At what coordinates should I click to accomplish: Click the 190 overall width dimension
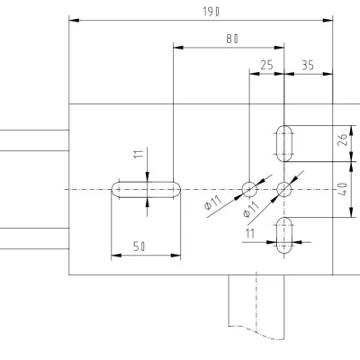click(x=211, y=12)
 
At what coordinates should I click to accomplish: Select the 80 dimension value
click(x=232, y=39)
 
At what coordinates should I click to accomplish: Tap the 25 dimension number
click(x=266, y=65)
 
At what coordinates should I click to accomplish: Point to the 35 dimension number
click(x=308, y=65)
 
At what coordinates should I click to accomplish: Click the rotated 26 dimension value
click(x=343, y=139)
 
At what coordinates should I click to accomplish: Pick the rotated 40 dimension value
click(x=343, y=189)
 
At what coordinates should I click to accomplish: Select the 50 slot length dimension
click(x=139, y=247)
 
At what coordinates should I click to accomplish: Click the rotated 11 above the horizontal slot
click(x=139, y=154)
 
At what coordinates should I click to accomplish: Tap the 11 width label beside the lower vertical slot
click(x=250, y=233)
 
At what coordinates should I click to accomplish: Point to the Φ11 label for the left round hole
click(x=213, y=202)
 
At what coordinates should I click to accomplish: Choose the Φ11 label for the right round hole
click(x=251, y=209)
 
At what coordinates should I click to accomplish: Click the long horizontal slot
click(x=146, y=182)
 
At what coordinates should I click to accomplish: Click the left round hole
click(x=249, y=182)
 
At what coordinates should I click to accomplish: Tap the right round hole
click(x=283, y=182)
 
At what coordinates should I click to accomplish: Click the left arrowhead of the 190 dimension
click(x=74, y=21)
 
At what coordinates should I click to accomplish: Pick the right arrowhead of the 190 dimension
click(x=328, y=21)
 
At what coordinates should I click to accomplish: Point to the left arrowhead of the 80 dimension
click(x=178, y=48)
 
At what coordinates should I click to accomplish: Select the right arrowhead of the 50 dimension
click(x=175, y=256)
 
